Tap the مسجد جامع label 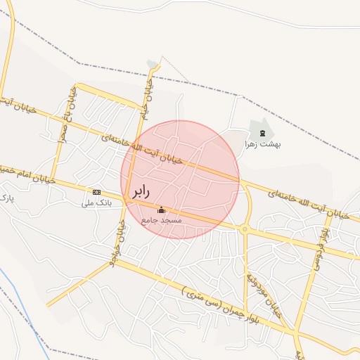pyautogui.click(x=162, y=220)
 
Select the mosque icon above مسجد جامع pyautogui.click(x=162, y=210)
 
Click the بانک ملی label pyautogui.click(x=96, y=203)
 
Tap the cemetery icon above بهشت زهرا pyautogui.click(x=262, y=133)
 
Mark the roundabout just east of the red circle pyautogui.click(x=244, y=229)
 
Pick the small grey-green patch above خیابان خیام pyautogui.click(x=153, y=65)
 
